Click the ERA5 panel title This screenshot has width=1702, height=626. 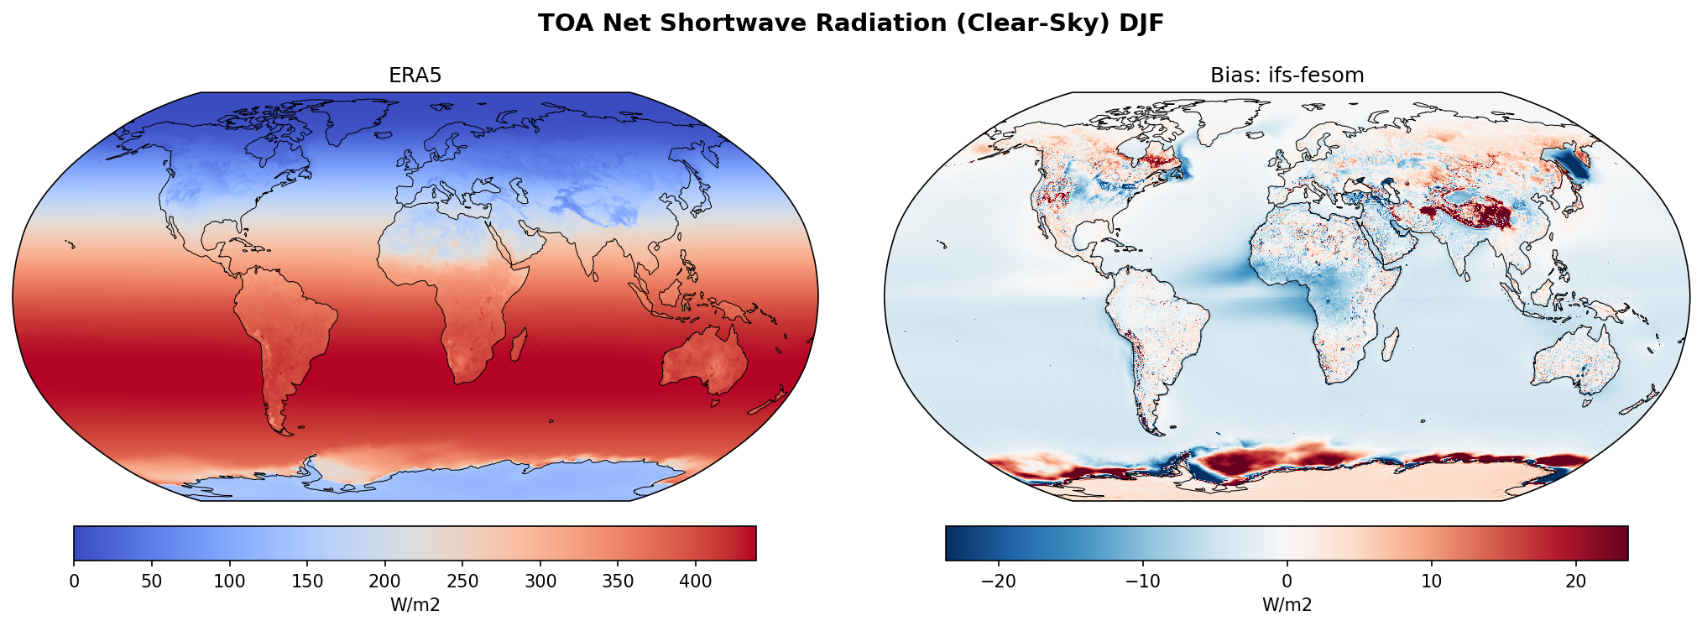pyautogui.click(x=415, y=76)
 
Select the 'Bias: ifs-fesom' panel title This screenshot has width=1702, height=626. pyautogui.click(x=1287, y=76)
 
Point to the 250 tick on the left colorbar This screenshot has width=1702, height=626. pyautogui.click(x=462, y=581)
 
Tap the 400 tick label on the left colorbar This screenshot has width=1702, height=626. pyautogui.click(x=696, y=581)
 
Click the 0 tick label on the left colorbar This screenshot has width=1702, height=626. pyautogui.click(x=74, y=581)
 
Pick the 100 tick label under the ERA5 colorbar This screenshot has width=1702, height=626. pyautogui.click(x=229, y=581)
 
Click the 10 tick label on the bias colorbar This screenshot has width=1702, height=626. pyautogui.click(x=1431, y=581)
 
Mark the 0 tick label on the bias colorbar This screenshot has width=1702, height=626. pyautogui.click(x=1287, y=581)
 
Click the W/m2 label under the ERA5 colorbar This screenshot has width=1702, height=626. pyautogui.click(x=415, y=604)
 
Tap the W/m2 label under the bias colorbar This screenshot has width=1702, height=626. pyautogui.click(x=1287, y=604)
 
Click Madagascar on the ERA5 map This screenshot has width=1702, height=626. pyautogui.click(x=519, y=345)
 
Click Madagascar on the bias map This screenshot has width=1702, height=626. pyautogui.click(x=1391, y=345)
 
